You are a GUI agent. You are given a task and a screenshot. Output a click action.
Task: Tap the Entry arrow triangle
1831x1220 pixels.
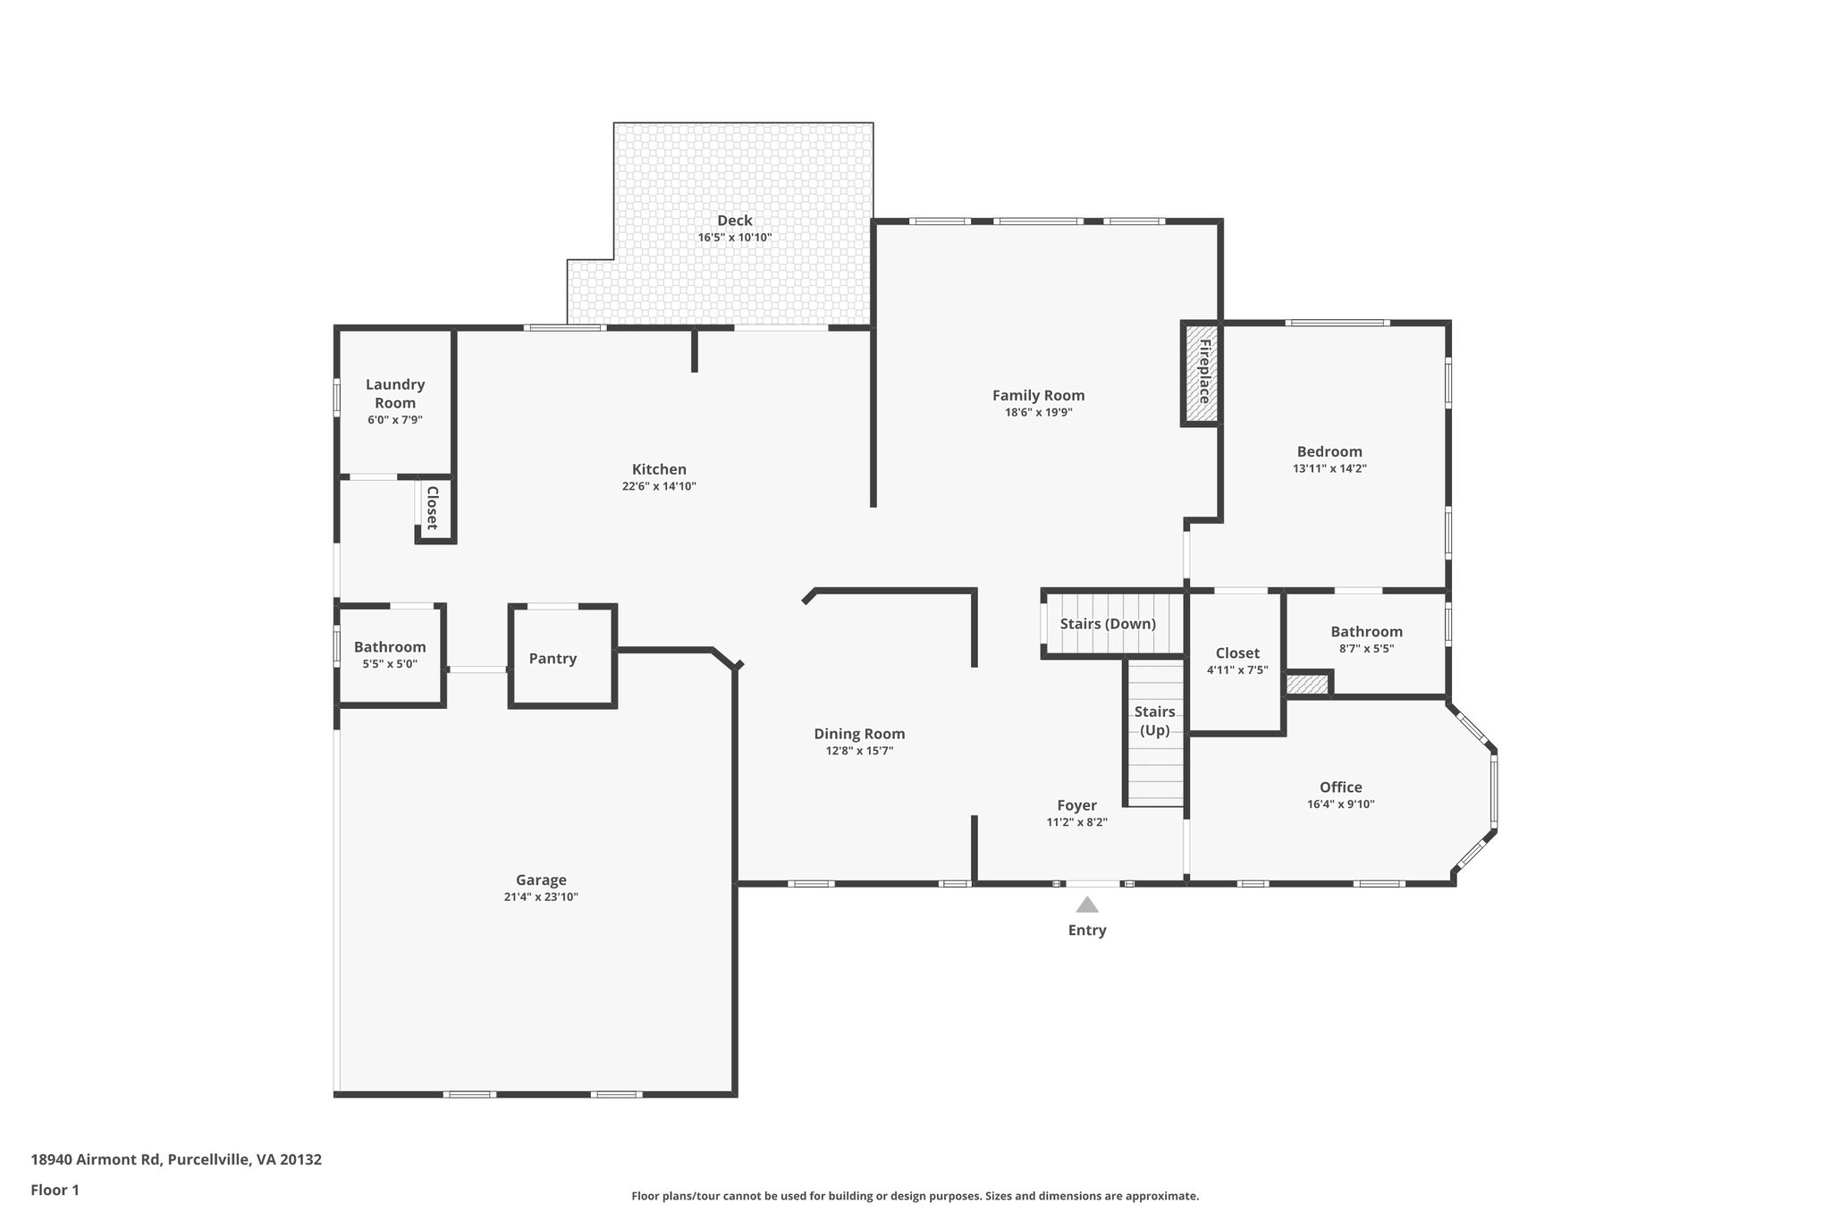click(1087, 904)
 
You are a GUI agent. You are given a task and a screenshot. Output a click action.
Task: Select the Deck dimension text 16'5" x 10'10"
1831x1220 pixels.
click(734, 238)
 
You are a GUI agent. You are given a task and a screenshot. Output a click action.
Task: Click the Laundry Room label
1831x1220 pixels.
click(395, 393)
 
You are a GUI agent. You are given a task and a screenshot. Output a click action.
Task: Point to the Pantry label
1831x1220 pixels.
click(553, 659)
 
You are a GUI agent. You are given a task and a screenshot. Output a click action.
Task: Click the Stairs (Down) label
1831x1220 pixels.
click(1108, 624)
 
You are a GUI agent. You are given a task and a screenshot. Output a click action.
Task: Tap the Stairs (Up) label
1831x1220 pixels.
click(1154, 720)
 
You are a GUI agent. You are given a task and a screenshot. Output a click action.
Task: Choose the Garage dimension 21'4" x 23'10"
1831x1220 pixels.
click(541, 896)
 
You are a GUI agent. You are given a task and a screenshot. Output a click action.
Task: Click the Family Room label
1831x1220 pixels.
click(1038, 395)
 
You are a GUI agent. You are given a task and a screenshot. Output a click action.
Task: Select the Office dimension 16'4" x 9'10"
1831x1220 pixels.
click(1340, 804)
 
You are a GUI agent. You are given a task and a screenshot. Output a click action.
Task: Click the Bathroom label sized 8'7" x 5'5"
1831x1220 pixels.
click(1366, 632)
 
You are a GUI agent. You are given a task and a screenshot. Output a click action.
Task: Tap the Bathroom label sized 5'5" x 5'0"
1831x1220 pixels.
click(390, 647)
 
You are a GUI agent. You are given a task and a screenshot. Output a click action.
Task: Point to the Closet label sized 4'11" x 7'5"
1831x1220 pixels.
click(1237, 653)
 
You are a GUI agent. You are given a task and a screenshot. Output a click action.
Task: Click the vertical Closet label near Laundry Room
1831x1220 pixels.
click(432, 508)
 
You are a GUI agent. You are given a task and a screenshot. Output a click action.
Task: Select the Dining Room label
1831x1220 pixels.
click(859, 734)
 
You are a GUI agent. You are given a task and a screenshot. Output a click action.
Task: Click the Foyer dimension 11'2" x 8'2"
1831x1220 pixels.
click(1076, 822)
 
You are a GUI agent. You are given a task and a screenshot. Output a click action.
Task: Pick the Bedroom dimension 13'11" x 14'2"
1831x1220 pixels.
click(1329, 468)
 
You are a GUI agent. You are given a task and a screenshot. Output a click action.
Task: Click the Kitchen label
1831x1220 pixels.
click(659, 469)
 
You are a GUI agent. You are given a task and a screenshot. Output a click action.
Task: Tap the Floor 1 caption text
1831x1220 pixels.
click(55, 1190)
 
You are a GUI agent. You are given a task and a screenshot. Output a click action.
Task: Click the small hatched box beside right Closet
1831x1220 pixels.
click(1307, 685)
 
